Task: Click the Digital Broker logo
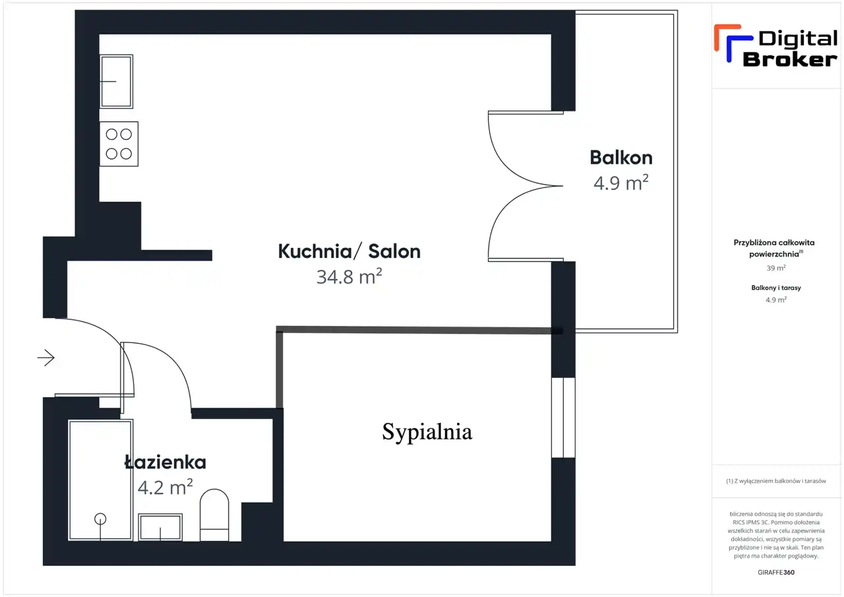click(775, 46)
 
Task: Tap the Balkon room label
click(621, 158)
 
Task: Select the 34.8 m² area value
click(349, 276)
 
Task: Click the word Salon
click(394, 251)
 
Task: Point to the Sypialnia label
click(427, 432)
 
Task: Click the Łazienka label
click(165, 462)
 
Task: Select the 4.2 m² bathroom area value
click(165, 487)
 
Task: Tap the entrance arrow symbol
click(46, 358)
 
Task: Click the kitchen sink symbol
click(117, 81)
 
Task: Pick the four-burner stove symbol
click(119, 144)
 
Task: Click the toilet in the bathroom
click(214, 515)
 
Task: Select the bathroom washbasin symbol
click(160, 527)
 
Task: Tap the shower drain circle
click(100, 519)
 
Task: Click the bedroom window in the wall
click(563, 418)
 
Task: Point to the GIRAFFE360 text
click(776, 572)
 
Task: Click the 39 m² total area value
click(776, 268)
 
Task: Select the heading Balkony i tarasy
click(776, 288)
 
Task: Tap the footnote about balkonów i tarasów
click(776, 481)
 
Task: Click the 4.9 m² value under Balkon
click(621, 183)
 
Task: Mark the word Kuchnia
click(315, 251)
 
